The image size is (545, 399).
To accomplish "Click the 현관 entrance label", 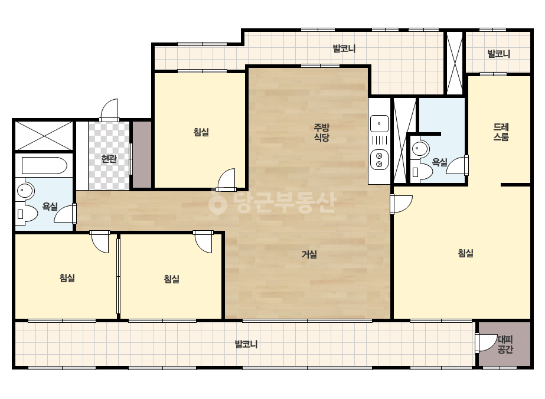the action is pos(109,159).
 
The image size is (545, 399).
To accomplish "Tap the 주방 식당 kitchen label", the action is pos(321,132).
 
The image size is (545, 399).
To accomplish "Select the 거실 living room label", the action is pos(309,254).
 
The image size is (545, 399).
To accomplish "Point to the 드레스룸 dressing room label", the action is pos(501,132).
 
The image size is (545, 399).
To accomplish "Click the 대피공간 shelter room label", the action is pos(505,344).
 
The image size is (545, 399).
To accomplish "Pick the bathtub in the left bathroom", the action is pos(44,166).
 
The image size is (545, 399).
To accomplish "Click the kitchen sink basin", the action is pos(379,123).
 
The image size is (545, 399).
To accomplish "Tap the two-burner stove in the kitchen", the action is pos(379,159).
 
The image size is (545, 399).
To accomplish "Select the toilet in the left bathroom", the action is pos(27,214).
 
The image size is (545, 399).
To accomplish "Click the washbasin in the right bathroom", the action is pos(420,149).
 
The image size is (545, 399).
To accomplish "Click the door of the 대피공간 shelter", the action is pos(486,342).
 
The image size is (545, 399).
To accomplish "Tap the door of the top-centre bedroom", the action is pos(226,179).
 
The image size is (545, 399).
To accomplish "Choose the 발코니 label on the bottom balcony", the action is pos(246,344).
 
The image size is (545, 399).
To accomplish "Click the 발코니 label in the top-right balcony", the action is pos(499,54).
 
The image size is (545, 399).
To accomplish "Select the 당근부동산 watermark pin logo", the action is pos(218,203).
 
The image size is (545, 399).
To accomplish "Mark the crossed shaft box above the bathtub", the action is pos(44,136).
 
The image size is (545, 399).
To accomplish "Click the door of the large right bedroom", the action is pos(401,204).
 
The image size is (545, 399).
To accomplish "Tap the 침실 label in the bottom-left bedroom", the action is pos(67,278).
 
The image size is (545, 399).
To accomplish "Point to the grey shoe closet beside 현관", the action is pos(142,155).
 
